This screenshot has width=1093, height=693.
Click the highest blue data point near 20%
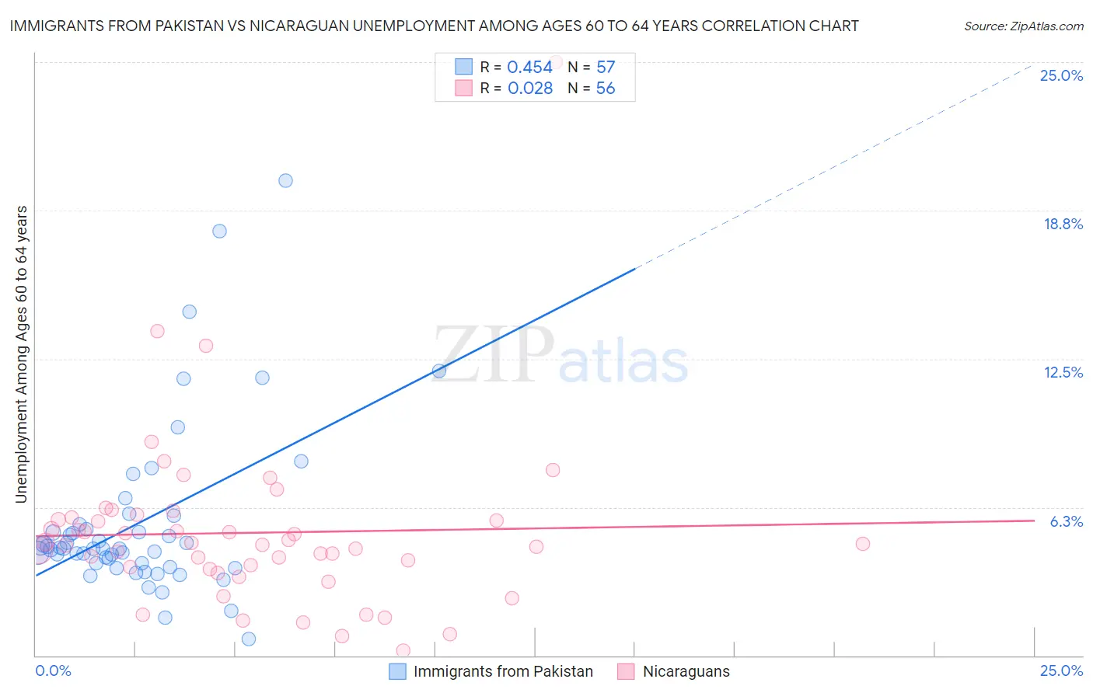pos(285,180)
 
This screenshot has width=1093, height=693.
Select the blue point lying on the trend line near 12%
pos(439,371)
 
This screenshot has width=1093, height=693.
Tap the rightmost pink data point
pos(862,544)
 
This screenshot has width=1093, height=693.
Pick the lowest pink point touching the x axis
pos(403,650)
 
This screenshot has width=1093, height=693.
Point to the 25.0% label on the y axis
pos(1061,75)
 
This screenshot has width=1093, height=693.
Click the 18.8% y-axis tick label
pos(1063,224)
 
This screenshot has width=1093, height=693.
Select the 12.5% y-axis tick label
pos(1063,372)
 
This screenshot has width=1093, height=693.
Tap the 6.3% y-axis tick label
pos(1066,521)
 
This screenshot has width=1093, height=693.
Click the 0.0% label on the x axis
pos(53,670)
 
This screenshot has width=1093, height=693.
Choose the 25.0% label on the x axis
pos(1061,670)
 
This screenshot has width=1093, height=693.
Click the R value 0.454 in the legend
pos(529,68)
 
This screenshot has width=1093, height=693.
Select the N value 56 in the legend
pos(605,89)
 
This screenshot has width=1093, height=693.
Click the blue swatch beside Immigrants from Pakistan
pos(397,671)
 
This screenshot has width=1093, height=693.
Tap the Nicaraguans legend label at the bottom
pos(686,671)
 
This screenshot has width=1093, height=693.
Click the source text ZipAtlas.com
pos(1024,26)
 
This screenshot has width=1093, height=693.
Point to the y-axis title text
pos(22,354)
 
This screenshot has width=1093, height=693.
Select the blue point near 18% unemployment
pos(219,231)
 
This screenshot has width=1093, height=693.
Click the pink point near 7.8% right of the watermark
pos(553,470)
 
